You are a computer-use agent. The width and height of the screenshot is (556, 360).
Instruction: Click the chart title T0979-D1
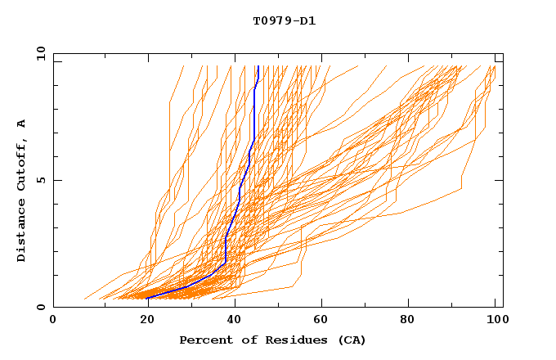(x=284, y=21)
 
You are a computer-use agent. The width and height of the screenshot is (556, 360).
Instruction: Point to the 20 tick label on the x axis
(x=146, y=320)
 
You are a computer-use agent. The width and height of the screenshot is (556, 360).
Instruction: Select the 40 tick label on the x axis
(x=234, y=320)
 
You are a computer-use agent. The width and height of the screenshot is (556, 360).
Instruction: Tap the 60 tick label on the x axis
(x=322, y=320)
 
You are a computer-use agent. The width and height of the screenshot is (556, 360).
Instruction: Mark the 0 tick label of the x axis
(x=54, y=320)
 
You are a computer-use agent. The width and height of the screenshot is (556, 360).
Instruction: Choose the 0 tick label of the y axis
(x=41, y=307)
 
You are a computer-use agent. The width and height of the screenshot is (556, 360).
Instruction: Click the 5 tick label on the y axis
(x=41, y=180)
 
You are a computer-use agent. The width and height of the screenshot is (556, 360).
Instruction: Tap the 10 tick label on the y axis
(x=39, y=53)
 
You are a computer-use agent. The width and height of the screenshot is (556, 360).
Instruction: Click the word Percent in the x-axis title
(x=205, y=340)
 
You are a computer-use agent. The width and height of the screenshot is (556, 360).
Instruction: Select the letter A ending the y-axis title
(x=22, y=123)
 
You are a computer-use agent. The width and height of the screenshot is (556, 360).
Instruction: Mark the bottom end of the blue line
(x=147, y=299)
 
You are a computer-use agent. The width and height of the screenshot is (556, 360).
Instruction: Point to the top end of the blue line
(x=258, y=66)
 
